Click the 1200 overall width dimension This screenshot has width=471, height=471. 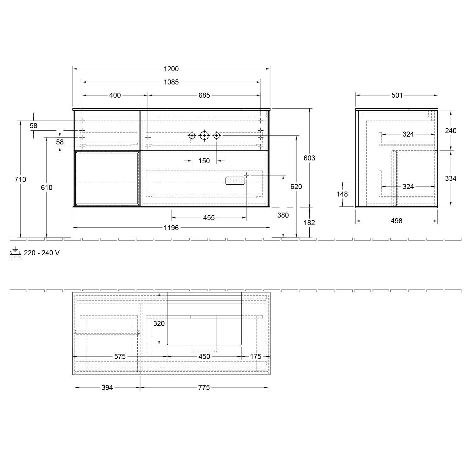(x=171, y=69)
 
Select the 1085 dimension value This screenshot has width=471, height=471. (x=171, y=82)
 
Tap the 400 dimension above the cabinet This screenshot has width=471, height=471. (x=115, y=95)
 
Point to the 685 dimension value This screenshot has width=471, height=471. (x=204, y=95)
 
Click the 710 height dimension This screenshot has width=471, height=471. (x=21, y=179)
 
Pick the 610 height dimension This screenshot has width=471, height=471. (x=47, y=187)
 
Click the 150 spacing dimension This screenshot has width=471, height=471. (x=204, y=161)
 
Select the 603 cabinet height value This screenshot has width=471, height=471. (x=309, y=158)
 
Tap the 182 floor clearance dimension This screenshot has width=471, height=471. (x=309, y=223)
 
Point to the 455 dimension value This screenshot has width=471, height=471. (x=209, y=218)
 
